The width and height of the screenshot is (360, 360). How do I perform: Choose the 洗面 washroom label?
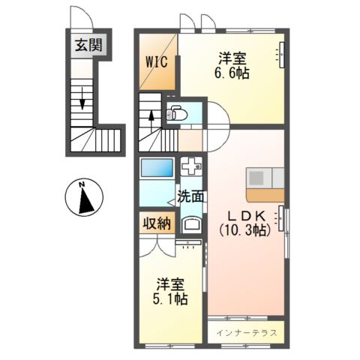(190, 197)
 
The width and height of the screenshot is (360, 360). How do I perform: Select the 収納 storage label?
(157, 223)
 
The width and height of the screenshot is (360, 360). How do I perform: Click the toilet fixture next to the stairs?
(177, 115)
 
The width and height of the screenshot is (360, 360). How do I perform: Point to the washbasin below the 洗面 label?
(192, 224)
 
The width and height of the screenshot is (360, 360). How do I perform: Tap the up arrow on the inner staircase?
(151, 115)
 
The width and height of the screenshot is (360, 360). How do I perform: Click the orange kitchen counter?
(265, 194)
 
